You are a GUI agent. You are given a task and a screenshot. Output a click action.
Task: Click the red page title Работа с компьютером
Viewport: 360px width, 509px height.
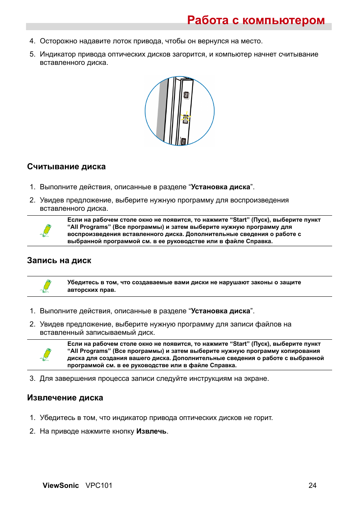point(256,20)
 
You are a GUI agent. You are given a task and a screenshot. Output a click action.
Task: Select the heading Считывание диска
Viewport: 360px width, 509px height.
point(66,167)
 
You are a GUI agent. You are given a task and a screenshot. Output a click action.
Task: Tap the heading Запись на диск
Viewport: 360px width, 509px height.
point(59,261)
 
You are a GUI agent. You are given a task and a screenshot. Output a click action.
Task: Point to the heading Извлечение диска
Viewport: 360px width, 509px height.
point(65,398)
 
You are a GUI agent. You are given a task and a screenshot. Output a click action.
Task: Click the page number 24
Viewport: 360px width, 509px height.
point(313,486)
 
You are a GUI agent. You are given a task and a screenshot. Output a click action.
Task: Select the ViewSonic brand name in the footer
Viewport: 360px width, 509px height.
point(61,486)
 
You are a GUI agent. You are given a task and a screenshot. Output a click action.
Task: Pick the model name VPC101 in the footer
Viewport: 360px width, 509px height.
point(99,486)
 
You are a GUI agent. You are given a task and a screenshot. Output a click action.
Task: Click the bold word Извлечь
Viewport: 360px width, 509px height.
point(151,431)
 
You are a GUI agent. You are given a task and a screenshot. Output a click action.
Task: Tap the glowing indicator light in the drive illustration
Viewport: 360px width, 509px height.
point(185,118)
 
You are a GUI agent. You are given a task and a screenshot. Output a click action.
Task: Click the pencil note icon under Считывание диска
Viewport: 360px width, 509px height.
point(46,230)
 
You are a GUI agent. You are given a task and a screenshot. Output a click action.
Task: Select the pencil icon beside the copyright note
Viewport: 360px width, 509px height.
point(46,286)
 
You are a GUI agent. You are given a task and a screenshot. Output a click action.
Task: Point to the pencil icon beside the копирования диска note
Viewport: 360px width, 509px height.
point(46,354)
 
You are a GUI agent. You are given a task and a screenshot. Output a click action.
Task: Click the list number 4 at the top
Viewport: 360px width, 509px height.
point(32,41)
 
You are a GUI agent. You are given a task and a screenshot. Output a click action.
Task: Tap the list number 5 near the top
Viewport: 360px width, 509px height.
point(32,54)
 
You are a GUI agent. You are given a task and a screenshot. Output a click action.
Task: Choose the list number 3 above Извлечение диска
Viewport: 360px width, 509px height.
point(32,379)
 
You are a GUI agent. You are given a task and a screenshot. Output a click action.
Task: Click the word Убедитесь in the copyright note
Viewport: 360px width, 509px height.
point(83,282)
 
